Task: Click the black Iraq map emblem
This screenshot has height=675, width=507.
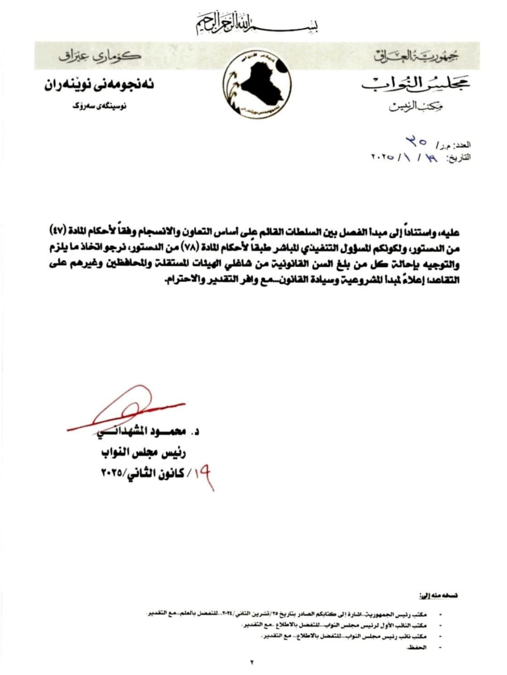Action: pyautogui.click(x=257, y=86)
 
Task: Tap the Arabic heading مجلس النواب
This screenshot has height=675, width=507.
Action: pyautogui.click(x=415, y=84)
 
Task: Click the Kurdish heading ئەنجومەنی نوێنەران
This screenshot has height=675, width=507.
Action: pyautogui.click(x=100, y=85)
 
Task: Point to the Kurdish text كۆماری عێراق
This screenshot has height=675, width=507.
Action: pyautogui.click(x=100, y=56)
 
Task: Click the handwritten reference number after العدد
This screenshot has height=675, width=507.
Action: pyautogui.click(x=416, y=141)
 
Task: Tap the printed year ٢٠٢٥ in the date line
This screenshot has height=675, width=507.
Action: pyautogui.click(x=383, y=158)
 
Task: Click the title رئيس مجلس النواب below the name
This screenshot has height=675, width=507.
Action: pyautogui.click(x=143, y=453)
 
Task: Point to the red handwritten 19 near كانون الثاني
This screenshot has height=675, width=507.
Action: pyautogui.click(x=205, y=475)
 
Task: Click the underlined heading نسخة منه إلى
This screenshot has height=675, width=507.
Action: pyautogui.click(x=439, y=596)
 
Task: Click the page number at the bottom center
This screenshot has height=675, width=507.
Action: pyautogui.click(x=252, y=662)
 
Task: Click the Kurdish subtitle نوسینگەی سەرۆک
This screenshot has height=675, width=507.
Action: pyautogui.click(x=100, y=107)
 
